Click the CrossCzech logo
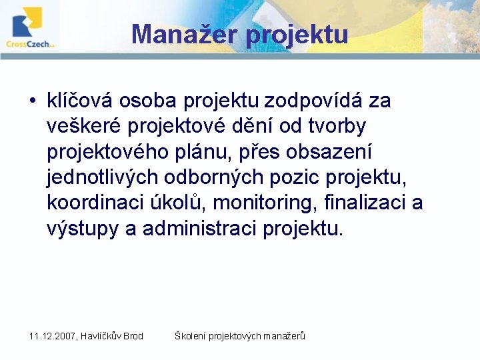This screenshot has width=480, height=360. (30, 27)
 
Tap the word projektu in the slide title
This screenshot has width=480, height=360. (297, 34)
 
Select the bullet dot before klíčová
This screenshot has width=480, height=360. (32, 101)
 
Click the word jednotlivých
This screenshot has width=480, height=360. (103, 177)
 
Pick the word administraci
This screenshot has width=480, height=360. (200, 228)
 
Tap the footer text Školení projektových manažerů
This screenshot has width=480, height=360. (239, 336)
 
